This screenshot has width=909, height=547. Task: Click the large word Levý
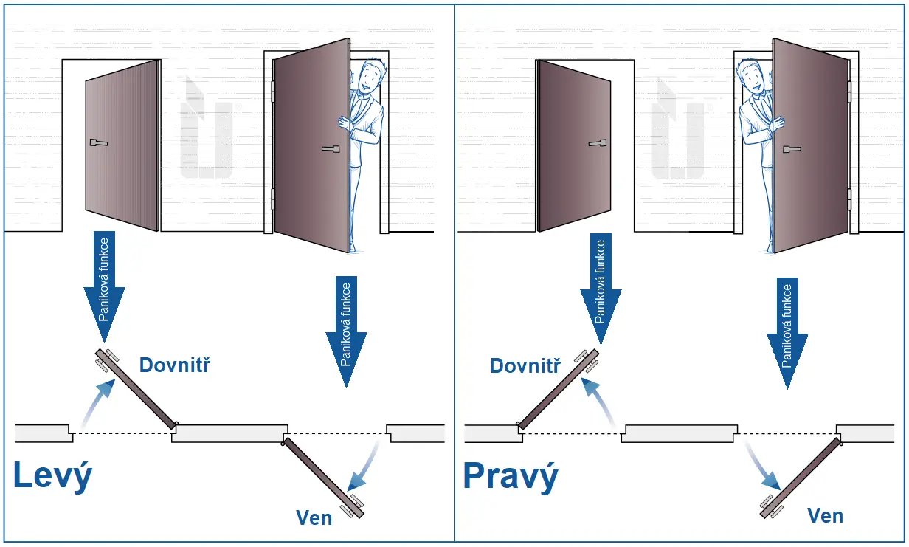coord(53,476)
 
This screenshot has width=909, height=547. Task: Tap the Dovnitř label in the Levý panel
coord(175,365)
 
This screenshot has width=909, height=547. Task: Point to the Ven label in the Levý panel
coord(313,517)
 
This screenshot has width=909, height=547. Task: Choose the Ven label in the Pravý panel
coord(825,515)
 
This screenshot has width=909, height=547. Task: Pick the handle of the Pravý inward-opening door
coord(598,142)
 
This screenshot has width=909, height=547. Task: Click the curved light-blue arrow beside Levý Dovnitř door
coord(97,402)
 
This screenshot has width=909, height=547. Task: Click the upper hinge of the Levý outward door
coord(273,92)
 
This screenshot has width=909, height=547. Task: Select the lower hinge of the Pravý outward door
coord(849,199)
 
